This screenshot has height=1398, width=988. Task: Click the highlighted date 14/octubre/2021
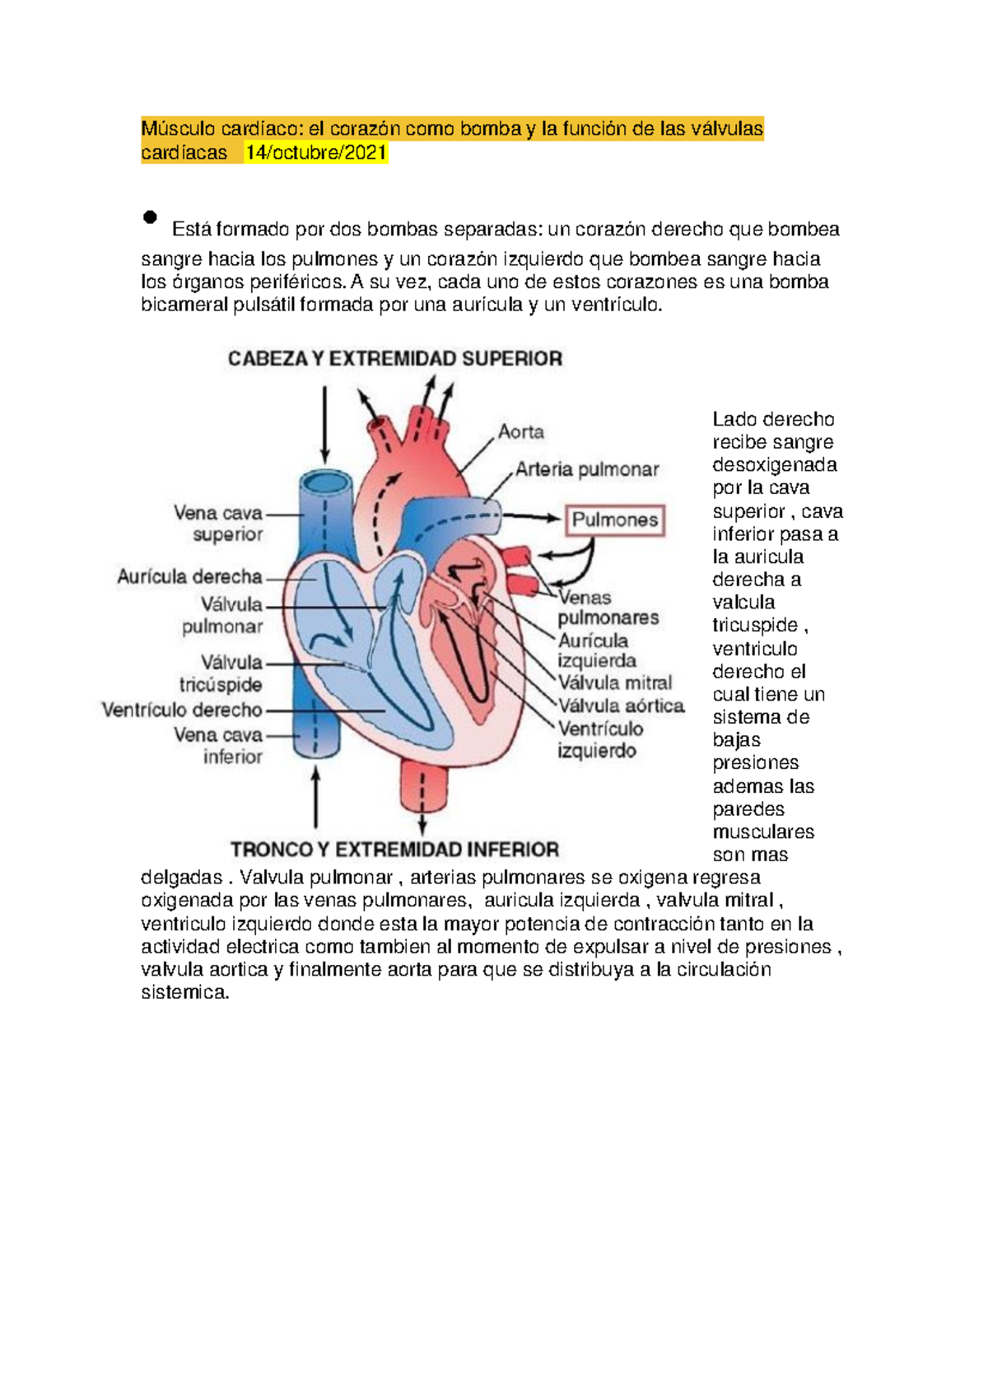coord(316,153)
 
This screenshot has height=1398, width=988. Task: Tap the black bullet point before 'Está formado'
coord(150,217)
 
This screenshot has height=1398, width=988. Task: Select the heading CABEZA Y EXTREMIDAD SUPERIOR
coord(395,359)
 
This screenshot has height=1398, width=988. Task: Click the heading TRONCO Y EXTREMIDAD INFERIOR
coord(394,850)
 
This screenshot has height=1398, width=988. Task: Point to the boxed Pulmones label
coord(614,520)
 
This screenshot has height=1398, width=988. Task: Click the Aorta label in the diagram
coord(521,432)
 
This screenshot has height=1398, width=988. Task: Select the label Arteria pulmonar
coord(587,470)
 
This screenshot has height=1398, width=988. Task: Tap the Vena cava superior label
coord(219,524)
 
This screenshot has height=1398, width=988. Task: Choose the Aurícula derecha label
coord(190,577)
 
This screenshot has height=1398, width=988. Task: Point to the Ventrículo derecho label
coord(182,710)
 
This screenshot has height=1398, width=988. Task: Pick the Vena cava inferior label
coord(219,746)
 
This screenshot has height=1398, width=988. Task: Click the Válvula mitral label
coord(615,683)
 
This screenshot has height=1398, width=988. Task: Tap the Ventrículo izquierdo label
coord(599,739)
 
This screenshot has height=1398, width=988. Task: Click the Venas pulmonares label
coord(607,608)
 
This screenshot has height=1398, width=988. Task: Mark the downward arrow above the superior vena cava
coord(325,424)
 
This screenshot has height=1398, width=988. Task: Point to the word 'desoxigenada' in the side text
coord(775,465)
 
